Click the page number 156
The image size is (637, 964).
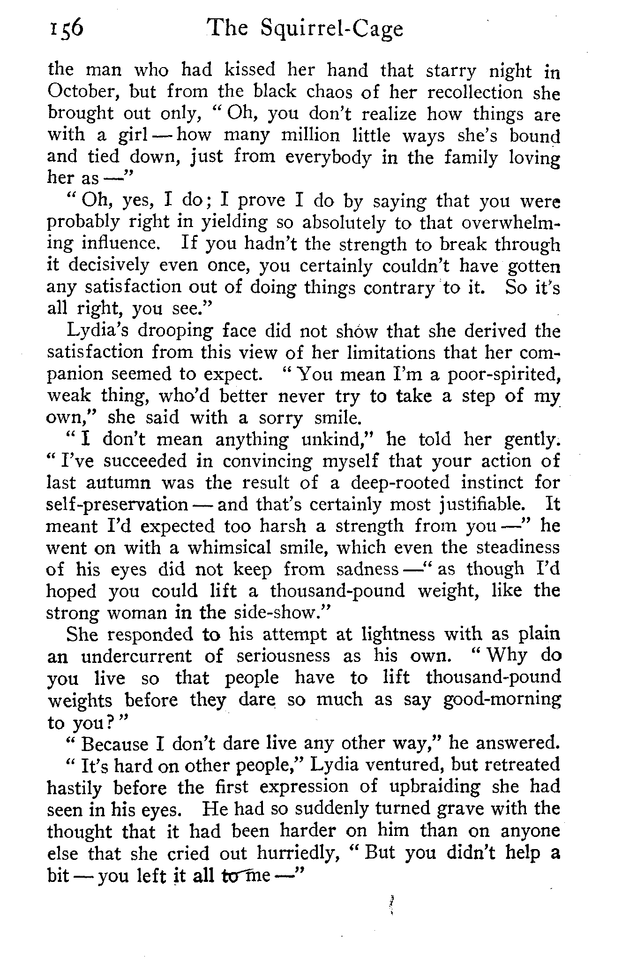[65, 29]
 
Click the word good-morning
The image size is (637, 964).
[502, 699]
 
